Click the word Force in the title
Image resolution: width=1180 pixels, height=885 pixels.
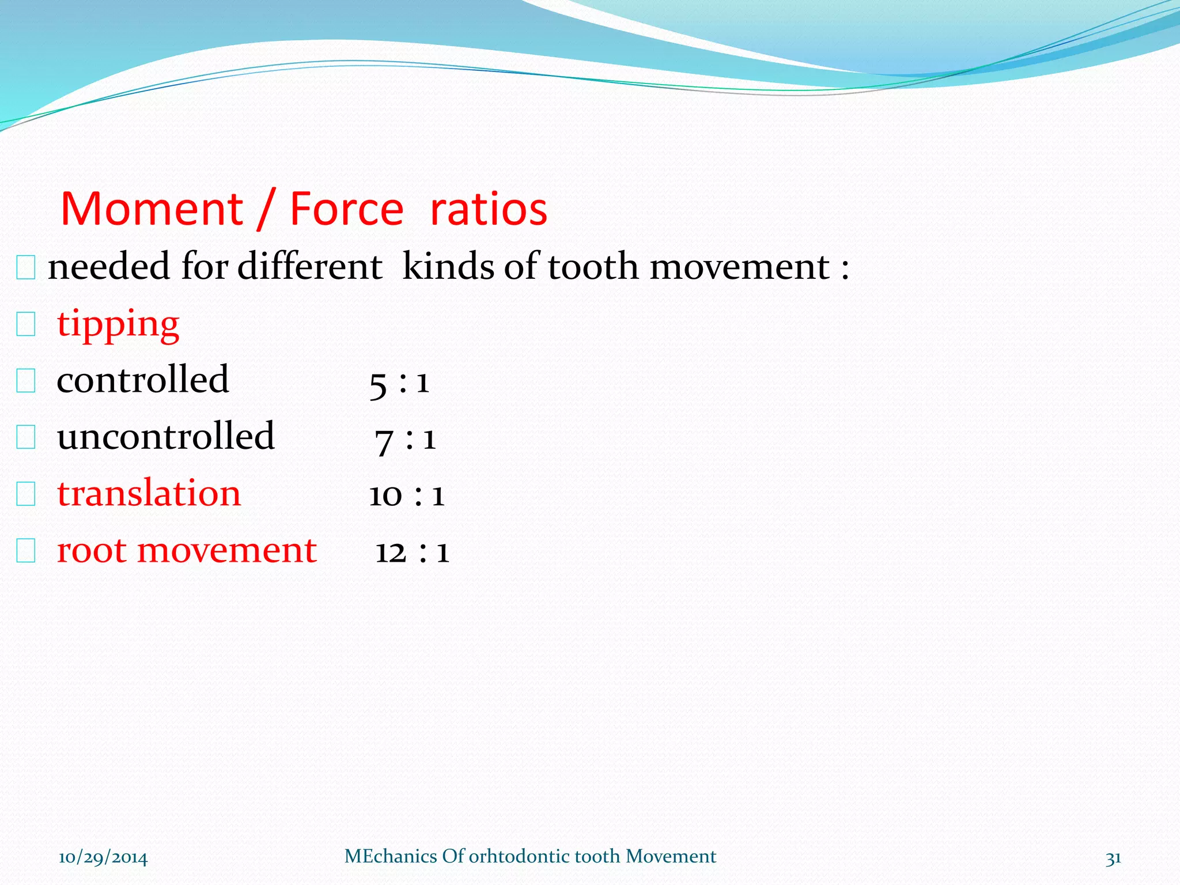[x=346, y=209]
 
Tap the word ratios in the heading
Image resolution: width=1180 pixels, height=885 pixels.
[x=489, y=209]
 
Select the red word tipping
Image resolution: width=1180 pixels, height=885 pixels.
[x=118, y=324]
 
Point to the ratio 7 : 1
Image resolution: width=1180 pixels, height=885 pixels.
[x=405, y=440]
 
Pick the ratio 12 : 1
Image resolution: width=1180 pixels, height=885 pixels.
[x=412, y=552]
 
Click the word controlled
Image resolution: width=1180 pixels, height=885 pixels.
[x=143, y=380]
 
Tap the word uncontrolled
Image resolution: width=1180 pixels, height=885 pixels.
[x=166, y=436]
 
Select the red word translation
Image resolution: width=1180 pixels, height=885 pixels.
[x=149, y=494]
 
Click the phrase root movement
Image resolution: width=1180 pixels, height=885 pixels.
[x=187, y=550]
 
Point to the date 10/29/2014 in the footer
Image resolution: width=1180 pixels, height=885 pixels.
[x=103, y=858]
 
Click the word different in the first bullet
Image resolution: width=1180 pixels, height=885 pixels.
[x=309, y=267]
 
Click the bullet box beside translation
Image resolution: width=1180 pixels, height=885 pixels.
[x=26, y=494]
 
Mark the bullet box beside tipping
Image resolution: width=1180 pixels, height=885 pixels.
[x=26, y=324]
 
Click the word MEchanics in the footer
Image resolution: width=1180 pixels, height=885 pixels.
[x=390, y=857]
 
